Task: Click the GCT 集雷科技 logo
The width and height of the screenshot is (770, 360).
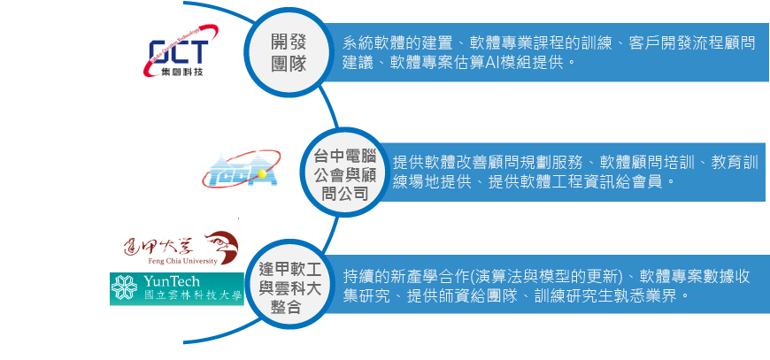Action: click(x=179, y=56)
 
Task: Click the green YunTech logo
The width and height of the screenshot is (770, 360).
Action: click(x=175, y=288)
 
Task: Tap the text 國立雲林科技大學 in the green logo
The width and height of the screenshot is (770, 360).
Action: click(x=191, y=297)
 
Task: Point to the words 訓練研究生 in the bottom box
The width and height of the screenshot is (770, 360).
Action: click(x=573, y=296)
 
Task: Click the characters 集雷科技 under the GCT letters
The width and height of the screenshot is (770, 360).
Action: click(x=179, y=71)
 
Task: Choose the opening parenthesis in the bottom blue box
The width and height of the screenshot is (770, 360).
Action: click(x=475, y=275)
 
